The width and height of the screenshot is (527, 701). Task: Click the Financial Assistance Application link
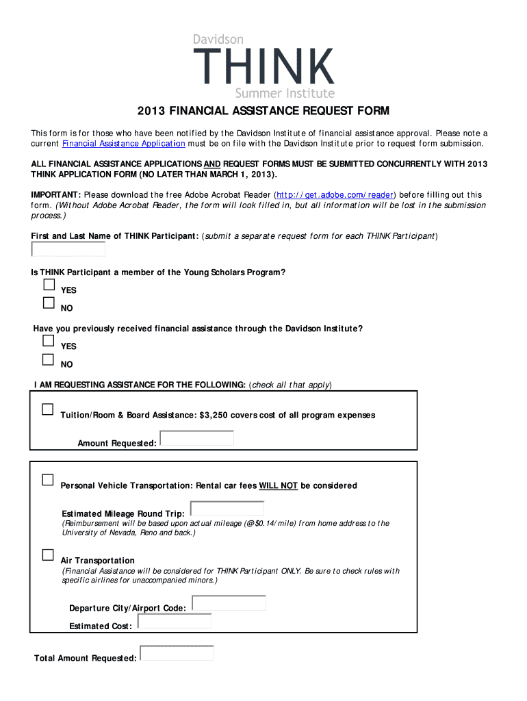pos(123,144)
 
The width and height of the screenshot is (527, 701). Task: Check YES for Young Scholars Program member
pos(49,285)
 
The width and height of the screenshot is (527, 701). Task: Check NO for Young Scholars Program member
pos(49,303)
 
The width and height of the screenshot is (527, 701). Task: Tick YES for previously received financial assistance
pos(49,341)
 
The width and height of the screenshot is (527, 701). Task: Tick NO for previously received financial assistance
pos(49,359)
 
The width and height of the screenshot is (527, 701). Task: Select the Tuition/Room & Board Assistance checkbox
pos(47,409)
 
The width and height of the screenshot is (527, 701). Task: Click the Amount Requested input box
pos(196,438)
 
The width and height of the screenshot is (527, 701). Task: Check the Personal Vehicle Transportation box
pos(47,480)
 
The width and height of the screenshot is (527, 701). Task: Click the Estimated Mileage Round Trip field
pos(227,509)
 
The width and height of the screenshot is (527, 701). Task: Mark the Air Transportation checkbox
pos(47,555)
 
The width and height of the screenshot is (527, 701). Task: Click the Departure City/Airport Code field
pos(229,603)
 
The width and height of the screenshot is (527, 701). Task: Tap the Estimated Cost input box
pos(175,621)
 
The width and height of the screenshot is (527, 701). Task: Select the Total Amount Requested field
pos(177,653)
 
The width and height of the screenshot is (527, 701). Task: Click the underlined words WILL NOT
pos(278,486)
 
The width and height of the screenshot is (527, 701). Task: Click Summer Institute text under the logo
pos(285,93)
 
